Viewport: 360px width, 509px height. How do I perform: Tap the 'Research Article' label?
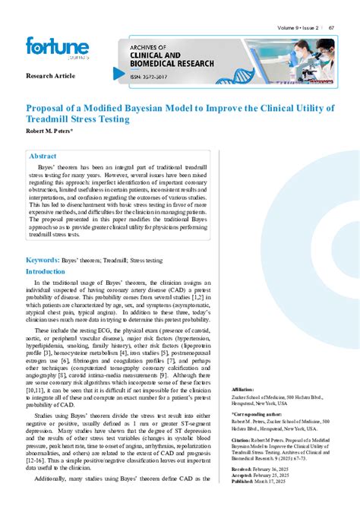pos(51,77)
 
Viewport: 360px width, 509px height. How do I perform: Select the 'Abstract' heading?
pos(43,156)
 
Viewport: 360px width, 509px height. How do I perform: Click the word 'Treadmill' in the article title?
pos(48,119)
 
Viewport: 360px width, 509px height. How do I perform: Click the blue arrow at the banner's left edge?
pos(118,74)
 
